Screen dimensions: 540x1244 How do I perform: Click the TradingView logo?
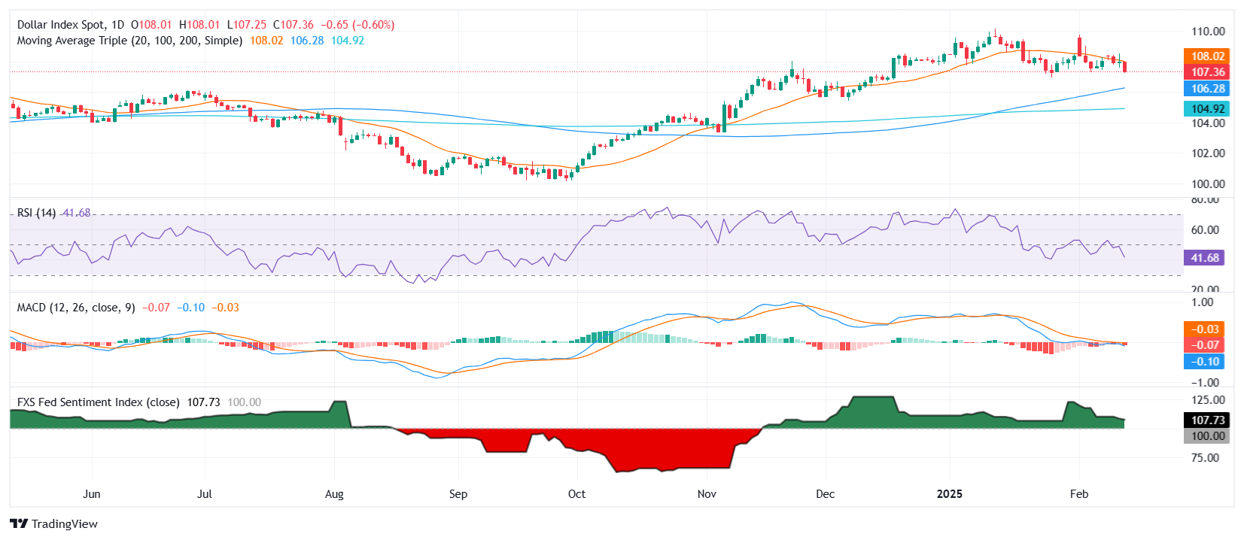[x=53, y=524]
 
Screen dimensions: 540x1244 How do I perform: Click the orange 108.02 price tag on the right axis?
[x=1207, y=56]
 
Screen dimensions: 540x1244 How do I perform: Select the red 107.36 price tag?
[x=1207, y=72]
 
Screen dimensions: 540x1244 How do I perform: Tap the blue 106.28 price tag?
[x=1207, y=89]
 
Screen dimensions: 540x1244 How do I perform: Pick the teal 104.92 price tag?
[x=1207, y=109]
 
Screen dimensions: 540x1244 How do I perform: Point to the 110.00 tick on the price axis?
[x=1207, y=32]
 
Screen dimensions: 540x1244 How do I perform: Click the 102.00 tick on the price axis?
[x=1207, y=153]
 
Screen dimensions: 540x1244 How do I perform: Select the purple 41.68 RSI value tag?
[x=1204, y=258]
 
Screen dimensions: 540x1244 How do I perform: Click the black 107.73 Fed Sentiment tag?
[x=1207, y=420]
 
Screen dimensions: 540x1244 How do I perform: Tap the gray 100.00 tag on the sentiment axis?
[x=1207, y=436]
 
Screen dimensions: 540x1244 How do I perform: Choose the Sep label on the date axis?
[x=458, y=494]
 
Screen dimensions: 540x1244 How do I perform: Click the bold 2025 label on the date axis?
[x=949, y=494]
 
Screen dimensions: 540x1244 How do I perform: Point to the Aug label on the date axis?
[x=334, y=494]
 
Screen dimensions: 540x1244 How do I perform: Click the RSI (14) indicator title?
[x=36, y=213]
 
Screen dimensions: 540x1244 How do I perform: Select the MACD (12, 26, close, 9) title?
[x=76, y=308]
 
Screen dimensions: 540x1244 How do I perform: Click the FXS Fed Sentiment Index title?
[x=98, y=402]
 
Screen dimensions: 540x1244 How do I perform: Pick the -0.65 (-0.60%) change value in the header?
[x=357, y=25]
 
